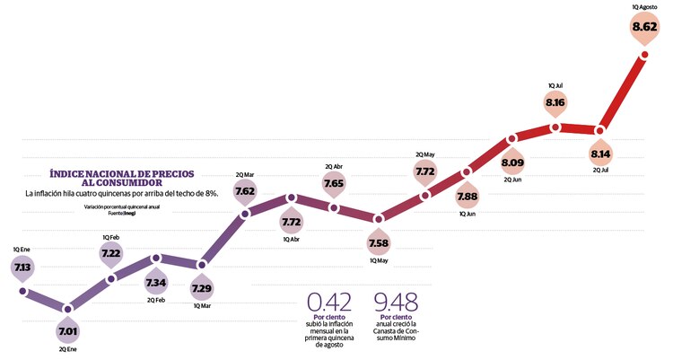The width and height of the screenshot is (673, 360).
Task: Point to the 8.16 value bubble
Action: click(x=555, y=104)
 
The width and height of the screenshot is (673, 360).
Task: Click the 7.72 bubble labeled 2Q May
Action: click(x=425, y=171)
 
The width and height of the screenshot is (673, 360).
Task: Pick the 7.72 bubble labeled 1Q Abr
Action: click(x=290, y=221)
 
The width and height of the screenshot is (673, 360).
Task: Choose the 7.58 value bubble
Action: click(x=380, y=243)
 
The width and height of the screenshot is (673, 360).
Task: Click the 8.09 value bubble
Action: click(x=511, y=163)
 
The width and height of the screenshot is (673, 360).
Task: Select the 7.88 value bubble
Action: click(x=468, y=197)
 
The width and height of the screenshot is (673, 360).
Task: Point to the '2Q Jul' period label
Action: click(x=600, y=171)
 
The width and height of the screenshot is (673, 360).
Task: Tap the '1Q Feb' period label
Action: click(x=111, y=237)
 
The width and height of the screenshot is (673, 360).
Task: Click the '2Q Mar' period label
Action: click(x=245, y=173)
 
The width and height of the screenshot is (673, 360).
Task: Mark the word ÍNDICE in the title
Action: click(x=71, y=171)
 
